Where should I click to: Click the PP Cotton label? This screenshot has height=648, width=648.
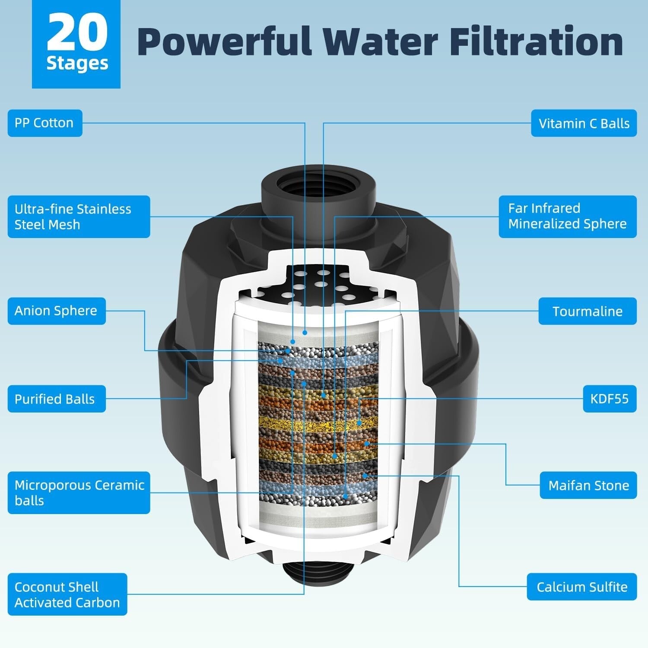(45, 123)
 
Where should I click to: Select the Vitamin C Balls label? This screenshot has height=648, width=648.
(584, 124)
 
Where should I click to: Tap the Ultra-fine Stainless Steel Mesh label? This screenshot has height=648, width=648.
(79, 217)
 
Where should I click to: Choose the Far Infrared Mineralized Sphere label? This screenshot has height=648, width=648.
(567, 216)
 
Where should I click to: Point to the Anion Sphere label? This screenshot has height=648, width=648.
(57, 311)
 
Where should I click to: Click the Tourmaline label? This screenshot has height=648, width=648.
(587, 311)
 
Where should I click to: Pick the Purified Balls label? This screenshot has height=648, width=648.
(57, 399)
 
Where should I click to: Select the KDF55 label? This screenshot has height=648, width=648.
(609, 399)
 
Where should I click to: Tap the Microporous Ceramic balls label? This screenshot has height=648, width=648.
(79, 493)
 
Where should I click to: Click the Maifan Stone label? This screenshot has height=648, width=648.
(588, 486)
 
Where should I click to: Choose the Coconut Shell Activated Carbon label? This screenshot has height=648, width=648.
(67, 594)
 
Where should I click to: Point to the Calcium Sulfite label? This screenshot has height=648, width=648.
(581, 587)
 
